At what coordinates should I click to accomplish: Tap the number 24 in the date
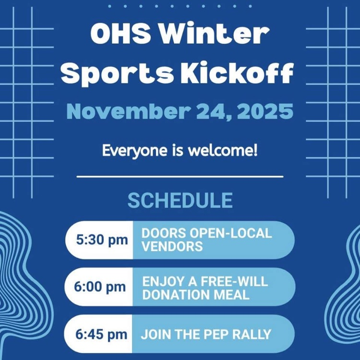[x=214, y=111]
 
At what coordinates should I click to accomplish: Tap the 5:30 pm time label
[x=99, y=240]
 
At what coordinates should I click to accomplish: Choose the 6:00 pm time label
[x=99, y=287]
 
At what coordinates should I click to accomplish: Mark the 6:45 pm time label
[x=99, y=334]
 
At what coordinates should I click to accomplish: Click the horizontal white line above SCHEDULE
[x=180, y=177]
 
